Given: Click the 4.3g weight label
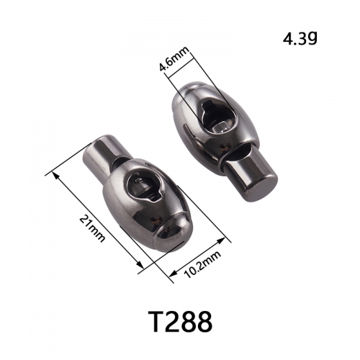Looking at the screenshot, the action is click(300, 39).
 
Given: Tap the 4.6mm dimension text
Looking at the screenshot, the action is click(174, 59).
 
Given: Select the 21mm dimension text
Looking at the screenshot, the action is click(92, 228).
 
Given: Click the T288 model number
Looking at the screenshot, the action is click(180, 322).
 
